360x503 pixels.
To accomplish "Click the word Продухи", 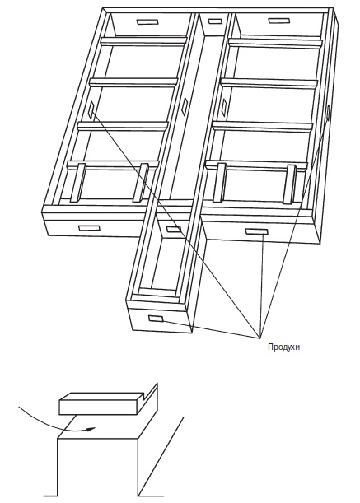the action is pos(284,347).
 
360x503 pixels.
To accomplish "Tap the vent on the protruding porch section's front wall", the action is pos(156,319).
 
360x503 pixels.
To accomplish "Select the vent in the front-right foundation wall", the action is pos(256,231).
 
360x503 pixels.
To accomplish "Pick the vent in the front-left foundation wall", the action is pos(89,228).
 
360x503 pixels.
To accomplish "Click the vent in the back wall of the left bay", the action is pos(147,22).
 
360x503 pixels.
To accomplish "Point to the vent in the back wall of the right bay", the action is pos(278,21).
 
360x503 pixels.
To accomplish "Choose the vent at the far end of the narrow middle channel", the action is pos(215,21).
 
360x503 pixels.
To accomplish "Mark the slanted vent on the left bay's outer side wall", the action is pos(92,109).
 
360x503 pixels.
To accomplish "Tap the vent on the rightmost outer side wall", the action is pos(328,112).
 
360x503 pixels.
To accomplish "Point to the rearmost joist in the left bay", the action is pos(144,41).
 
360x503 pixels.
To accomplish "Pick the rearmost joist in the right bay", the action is pos(275,44).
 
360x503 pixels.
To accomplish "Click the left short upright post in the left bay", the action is pos(78,183).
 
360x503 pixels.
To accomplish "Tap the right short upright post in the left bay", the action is pos(141,183).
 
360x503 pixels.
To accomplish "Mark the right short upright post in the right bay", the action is pos(290,184).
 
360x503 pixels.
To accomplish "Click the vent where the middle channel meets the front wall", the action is pos(174,230).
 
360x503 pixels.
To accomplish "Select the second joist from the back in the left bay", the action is pos(133,82).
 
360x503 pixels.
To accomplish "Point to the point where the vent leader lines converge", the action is pos(259,338).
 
